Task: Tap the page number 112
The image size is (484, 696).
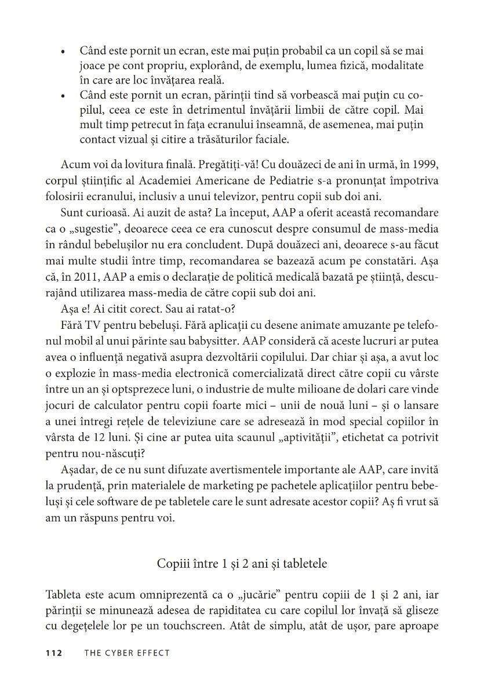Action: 54,652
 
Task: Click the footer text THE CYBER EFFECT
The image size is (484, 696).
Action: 127,652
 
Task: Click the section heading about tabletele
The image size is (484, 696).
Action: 242,563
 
